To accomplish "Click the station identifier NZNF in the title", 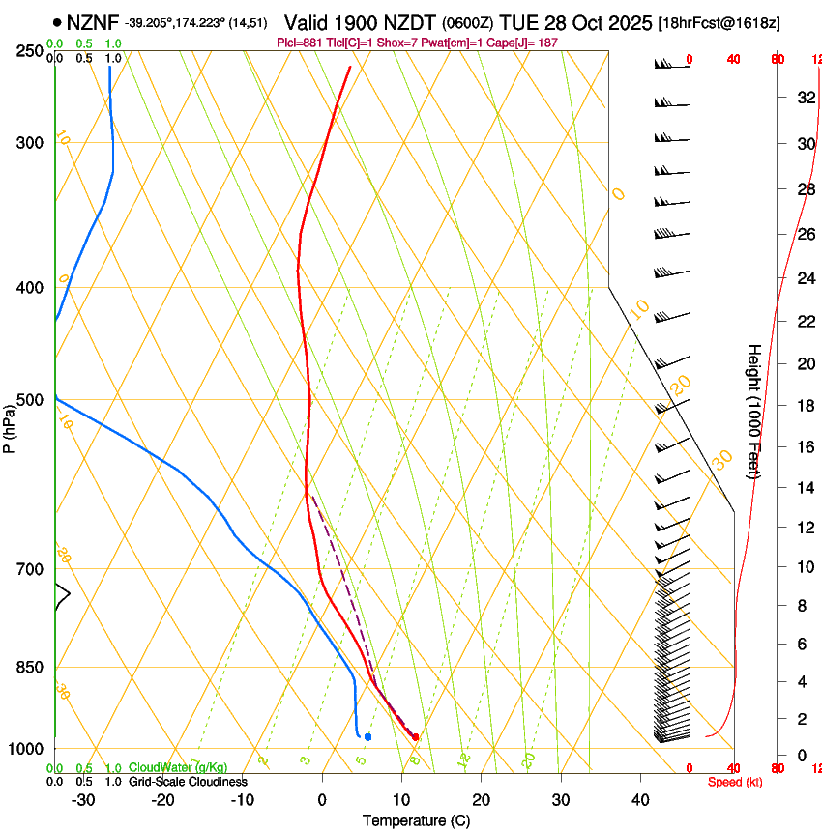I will [94, 21].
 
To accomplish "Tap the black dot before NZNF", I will [58, 22].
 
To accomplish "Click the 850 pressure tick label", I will [30, 667].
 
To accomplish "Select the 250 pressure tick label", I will [30, 50].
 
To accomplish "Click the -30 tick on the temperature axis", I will [83, 800].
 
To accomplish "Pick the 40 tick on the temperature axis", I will [639, 800].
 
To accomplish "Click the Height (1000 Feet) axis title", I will [754, 411].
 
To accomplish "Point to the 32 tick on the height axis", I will [805, 97].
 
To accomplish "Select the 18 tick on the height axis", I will [805, 406].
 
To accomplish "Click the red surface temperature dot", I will [415, 737].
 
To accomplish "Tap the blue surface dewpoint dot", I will [367, 737].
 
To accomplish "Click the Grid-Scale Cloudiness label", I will [188, 782].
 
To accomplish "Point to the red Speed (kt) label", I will [735, 782].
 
